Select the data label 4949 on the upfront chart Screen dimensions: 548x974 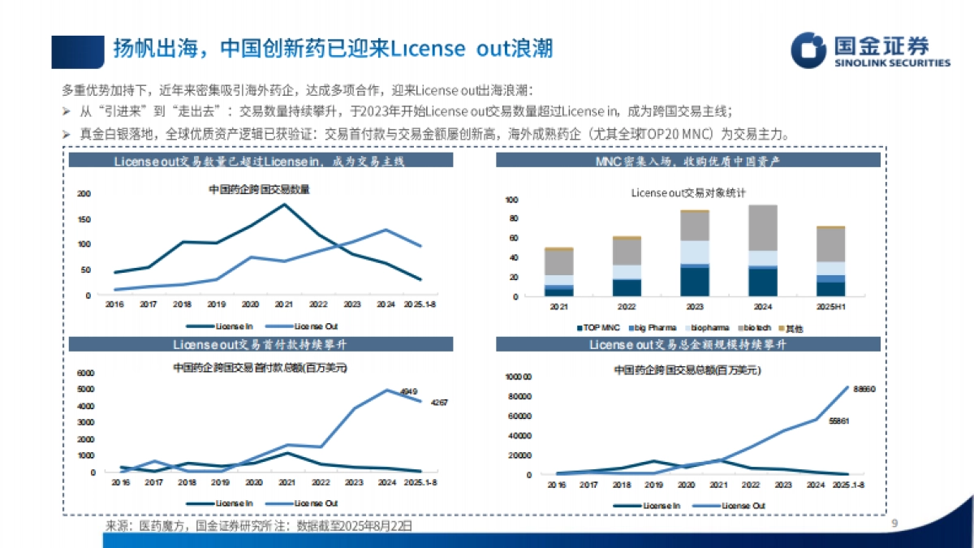click(x=408, y=391)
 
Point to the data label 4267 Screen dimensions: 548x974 click(x=439, y=403)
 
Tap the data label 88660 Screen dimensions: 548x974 click(x=864, y=390)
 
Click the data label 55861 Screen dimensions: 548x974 click(x=839, y=421)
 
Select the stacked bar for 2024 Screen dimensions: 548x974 click(x=762, y=251)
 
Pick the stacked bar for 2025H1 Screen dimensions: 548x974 click(x=830, y=261)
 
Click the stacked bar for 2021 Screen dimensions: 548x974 click(x=558, y=272)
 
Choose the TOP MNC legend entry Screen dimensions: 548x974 click(x=598, y=327)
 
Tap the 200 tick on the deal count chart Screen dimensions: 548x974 click(x=84, y=193)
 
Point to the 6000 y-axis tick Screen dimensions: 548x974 click(x=86, y=373)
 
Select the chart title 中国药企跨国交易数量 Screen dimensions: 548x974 click(x=259, y=190)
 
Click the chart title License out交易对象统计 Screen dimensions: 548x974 click(x=687, y=192)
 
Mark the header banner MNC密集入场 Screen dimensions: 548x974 click(x=687, y=162)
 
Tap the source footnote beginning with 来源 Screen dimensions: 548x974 click(x=259, y=526)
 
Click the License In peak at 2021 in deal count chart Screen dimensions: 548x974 click(x=283, y=204)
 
